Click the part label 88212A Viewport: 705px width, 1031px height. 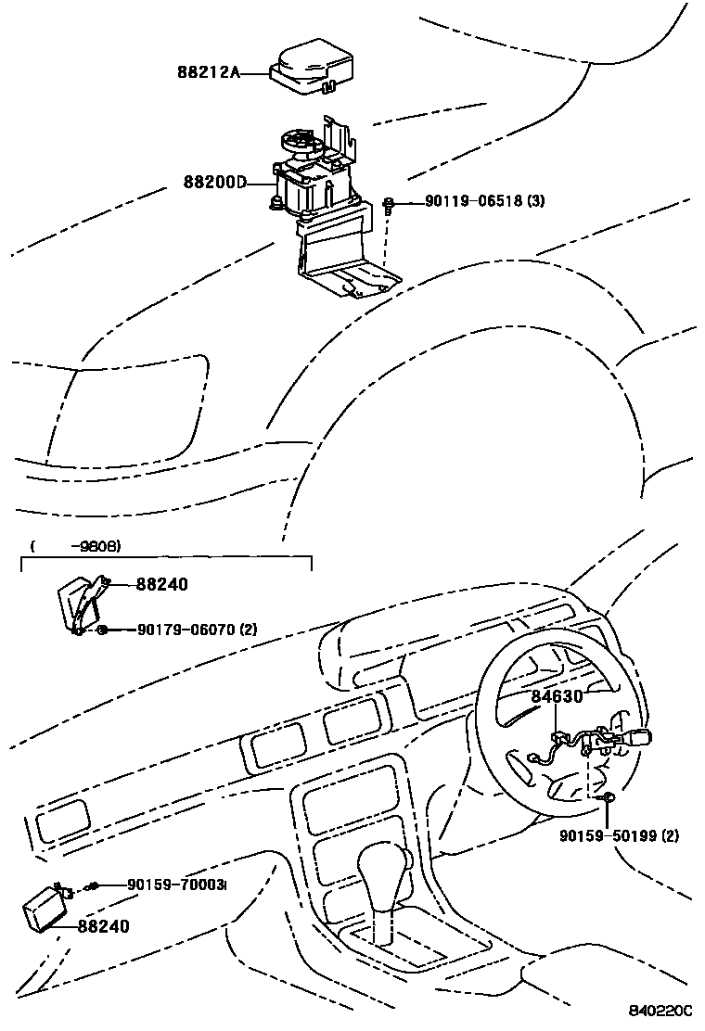point(209,70)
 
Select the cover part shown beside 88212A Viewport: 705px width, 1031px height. point(312,67)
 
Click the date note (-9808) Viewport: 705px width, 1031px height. point(76,546)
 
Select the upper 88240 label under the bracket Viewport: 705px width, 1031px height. point(161,584)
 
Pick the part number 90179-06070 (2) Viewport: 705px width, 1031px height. point(196,630)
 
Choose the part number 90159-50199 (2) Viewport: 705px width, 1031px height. point(619,835)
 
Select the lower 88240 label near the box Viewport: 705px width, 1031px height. point(103,925)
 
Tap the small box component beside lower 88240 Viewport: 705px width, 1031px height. point(44,906)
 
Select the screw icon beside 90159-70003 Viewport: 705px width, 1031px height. point(91,887)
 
